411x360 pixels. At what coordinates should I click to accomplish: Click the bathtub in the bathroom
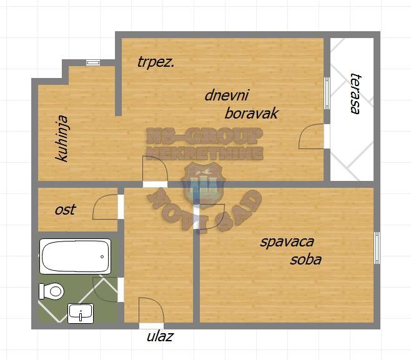[75, 256]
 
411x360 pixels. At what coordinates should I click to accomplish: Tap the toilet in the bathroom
[51, 291]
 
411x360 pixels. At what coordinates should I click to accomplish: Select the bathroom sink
[81, 313]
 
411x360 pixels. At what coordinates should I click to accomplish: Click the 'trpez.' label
[156, 63]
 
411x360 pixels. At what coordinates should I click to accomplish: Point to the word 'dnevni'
[227, 95]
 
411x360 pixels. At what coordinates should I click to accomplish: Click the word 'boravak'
[252, 114]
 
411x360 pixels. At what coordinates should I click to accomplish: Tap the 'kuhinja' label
[62, 139]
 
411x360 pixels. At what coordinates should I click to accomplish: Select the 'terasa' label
[355, 93]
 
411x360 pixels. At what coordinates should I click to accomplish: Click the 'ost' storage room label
[65, 210]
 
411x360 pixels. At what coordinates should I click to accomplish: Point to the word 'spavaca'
[287, 242]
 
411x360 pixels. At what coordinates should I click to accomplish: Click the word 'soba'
[306, 260]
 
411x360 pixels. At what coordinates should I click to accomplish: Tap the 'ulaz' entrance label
[160, 336]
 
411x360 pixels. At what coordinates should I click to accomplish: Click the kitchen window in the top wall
[93, 62]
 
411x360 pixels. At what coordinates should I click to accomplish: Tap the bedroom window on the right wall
[377, 248]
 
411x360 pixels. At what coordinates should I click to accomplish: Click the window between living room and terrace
[327, 93]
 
